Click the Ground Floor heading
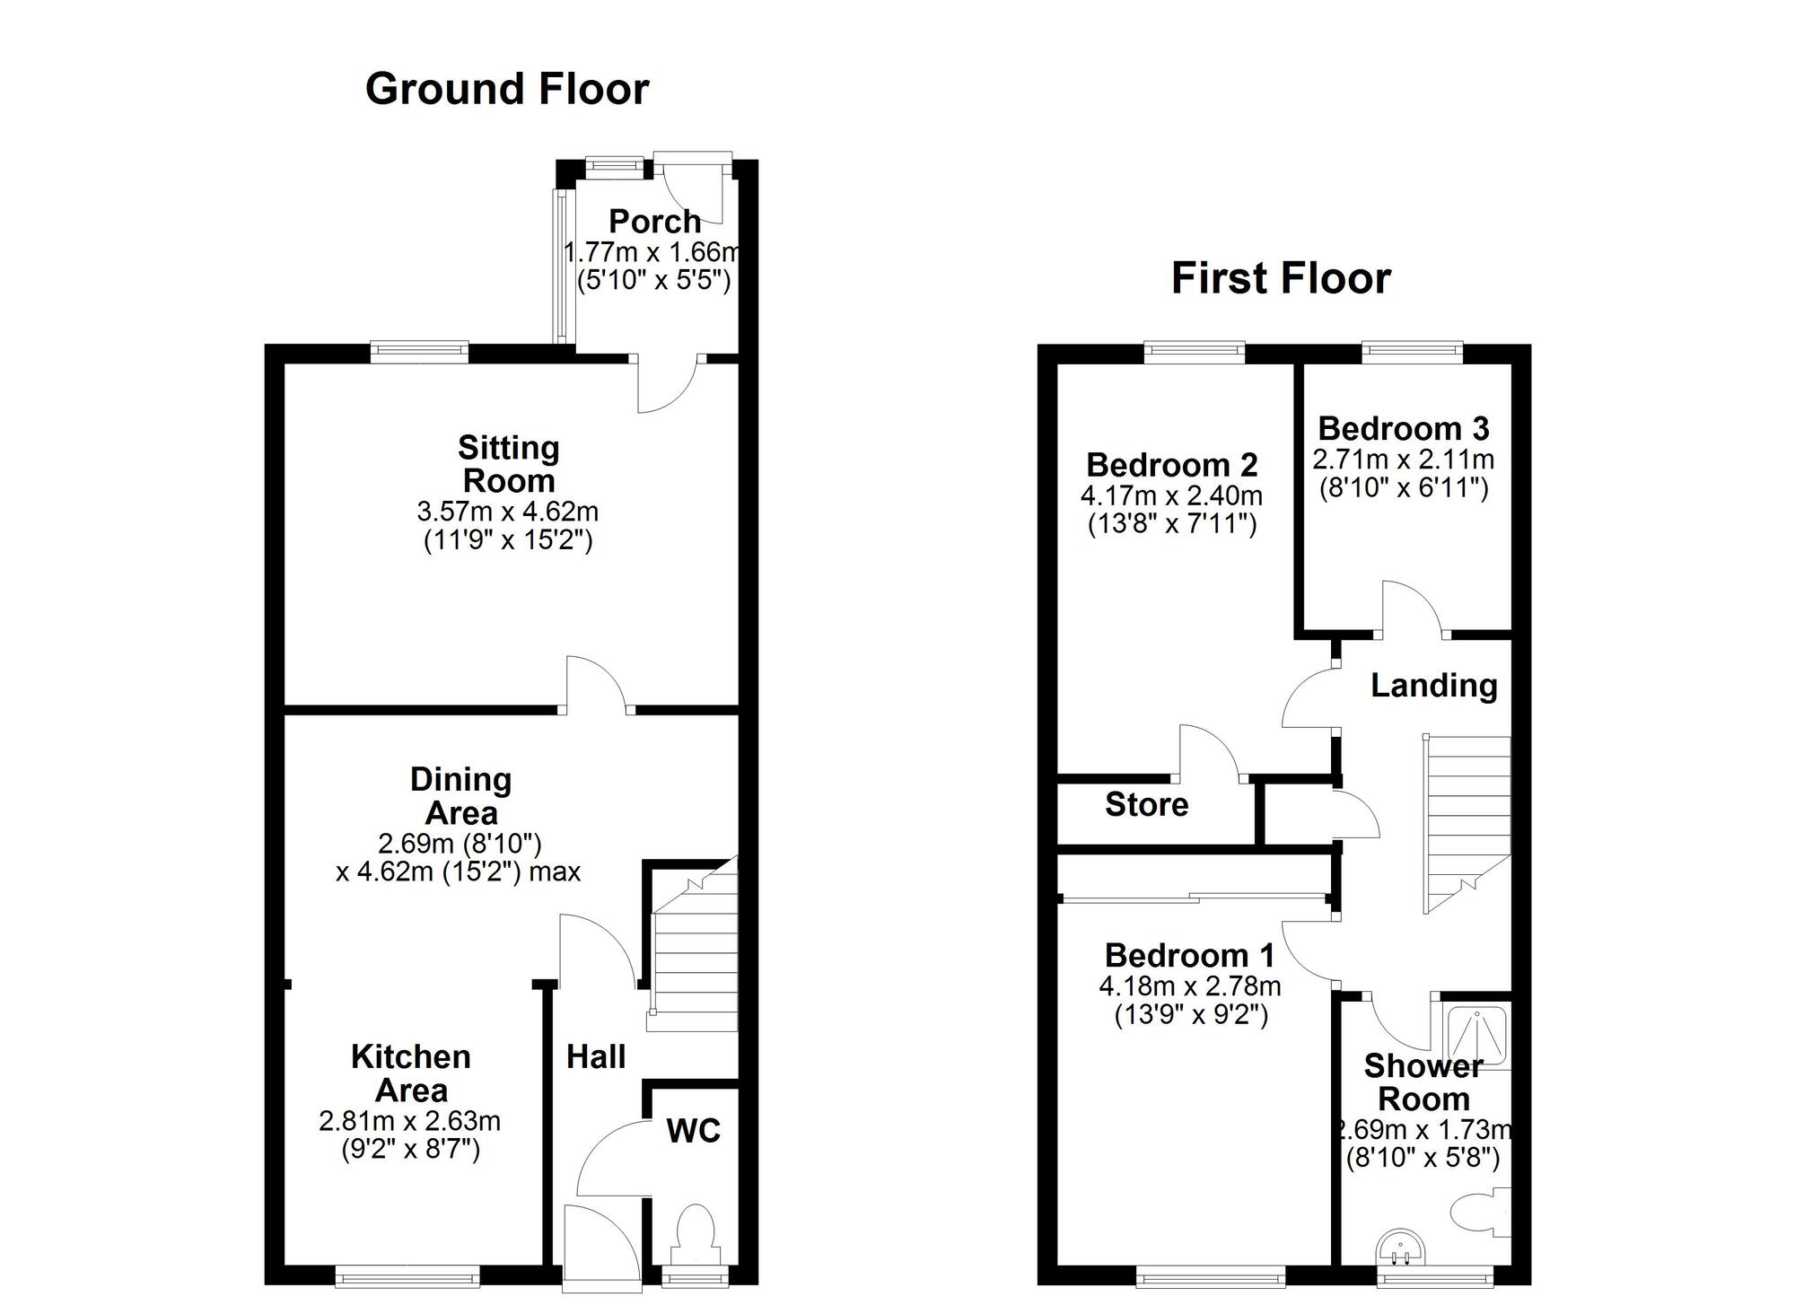(507, 89)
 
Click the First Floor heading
(1281, 278)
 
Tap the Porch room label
(654, 221)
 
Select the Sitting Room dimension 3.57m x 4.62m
(507, 512)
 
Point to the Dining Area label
(460, 796)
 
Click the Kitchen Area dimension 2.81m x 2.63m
(409, 1121)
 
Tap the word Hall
(595, 1057)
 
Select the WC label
(693, 1131)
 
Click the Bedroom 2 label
(1171, 465)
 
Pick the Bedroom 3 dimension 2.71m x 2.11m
(1403, 460)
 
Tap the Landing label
(1433, 686)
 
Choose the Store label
(1146, 804)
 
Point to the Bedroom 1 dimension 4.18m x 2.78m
(1189, 986)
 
